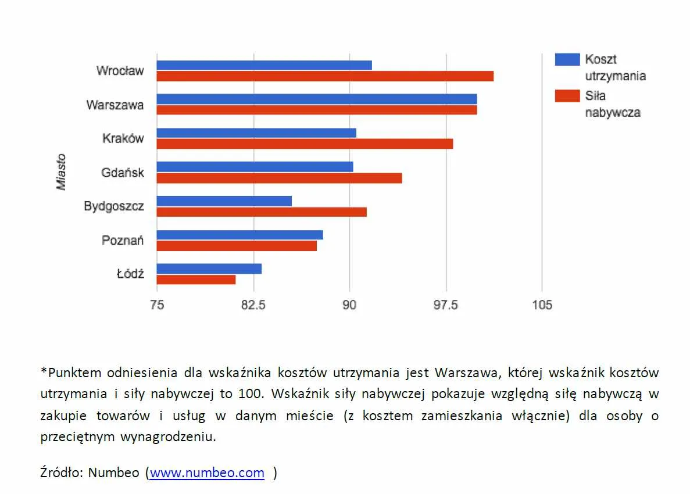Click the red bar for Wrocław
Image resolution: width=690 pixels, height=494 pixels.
[x=325, y=76]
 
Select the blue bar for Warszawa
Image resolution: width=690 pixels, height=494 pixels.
[x=317, y=99]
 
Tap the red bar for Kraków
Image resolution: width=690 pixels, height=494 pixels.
[x=305, y=144]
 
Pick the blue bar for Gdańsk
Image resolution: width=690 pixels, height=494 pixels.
[x=255, y=167]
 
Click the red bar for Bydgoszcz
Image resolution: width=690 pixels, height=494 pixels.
[x=262, y=212]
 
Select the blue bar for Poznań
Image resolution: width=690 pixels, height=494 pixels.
[x=239, y=235]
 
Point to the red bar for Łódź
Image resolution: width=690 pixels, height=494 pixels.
[x=196, y=280]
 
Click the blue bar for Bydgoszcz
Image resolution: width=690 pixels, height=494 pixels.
[x=224, y=201]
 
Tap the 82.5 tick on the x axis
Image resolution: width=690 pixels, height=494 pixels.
[x=253, y=305]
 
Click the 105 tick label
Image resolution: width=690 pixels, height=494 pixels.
[x=542, y=305]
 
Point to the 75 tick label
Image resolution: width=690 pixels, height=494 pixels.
[x=157, y=305]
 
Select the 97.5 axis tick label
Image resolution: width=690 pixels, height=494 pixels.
[x=446, y=305]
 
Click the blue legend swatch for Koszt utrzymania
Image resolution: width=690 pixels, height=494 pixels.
[x=567, y=59]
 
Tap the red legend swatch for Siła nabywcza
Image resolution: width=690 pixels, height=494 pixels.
[x=567, y=96]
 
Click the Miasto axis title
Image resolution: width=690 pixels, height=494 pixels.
[x=61, y=172]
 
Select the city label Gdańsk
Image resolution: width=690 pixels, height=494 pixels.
[x=122, y=173]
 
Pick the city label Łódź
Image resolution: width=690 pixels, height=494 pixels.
[x=130, y=274]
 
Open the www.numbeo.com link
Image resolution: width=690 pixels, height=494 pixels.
[x=207, y=473]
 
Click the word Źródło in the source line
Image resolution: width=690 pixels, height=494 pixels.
[x=61, y=473]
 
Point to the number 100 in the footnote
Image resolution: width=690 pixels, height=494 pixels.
[x=249, y=393]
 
